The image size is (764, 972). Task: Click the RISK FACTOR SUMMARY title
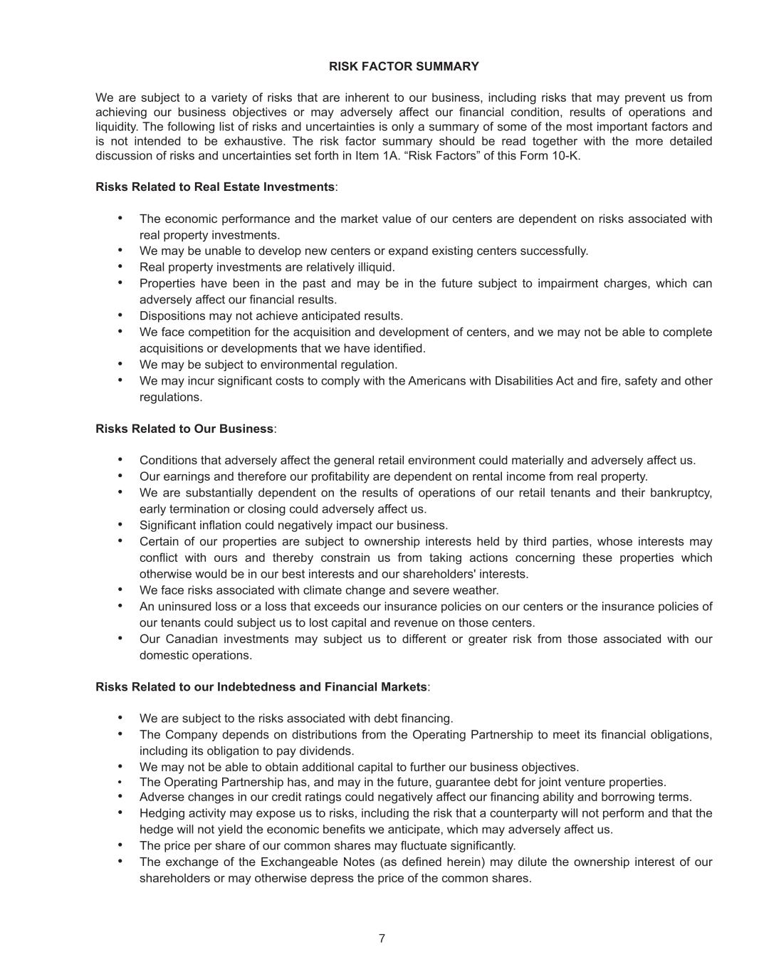(404, 66)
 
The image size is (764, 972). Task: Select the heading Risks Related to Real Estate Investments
(215, 187)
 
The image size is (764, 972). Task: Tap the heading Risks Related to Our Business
(184, 429)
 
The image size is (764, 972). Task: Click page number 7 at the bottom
(382, 939)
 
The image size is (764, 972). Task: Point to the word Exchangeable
(298, 862)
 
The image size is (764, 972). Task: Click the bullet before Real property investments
(120, 266)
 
